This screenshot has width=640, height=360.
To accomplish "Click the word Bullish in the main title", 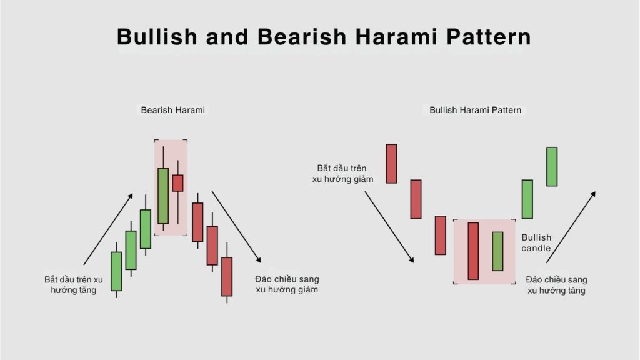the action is point(157,37).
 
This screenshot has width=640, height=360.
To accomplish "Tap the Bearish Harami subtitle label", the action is point(172,110).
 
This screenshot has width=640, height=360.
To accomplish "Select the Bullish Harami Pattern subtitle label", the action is point(475,110).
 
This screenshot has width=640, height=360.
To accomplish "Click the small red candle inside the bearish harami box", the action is point(177,183).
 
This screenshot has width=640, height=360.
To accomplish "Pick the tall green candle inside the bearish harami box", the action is point(163,196).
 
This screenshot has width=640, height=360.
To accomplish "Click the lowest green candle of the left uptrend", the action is point(116,271).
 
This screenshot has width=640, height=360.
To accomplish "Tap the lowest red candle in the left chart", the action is point(227,276).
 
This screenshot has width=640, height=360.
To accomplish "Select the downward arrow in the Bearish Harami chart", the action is point(236,227).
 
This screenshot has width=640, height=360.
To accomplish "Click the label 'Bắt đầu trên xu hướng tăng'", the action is point(74,285).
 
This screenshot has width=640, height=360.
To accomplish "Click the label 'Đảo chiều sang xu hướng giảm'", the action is point(287,284).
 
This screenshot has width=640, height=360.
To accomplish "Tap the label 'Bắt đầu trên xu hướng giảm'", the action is point(343,174).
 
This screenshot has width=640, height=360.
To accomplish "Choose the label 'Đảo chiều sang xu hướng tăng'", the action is point(556,285).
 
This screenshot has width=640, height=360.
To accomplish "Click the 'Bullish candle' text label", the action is point(536,243).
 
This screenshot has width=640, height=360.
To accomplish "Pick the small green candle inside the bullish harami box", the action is point(497,251).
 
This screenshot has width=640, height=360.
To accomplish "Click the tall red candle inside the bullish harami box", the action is point(473,251).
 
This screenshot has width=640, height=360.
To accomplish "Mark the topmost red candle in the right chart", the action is point(391,164).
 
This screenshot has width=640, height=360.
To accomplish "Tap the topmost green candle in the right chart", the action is point(552,167).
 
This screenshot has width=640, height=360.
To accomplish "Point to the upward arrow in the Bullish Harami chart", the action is point(571,227).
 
